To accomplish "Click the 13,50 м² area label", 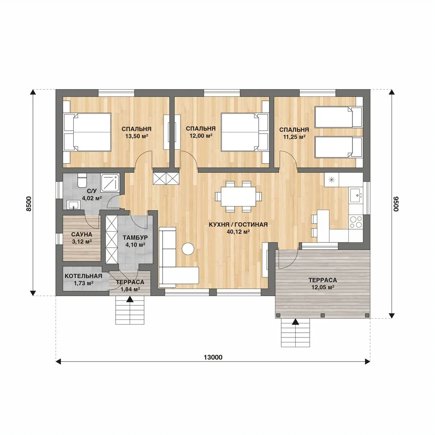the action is tap(137, 136).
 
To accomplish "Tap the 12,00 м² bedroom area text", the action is tap(201, 136).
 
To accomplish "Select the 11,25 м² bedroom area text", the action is tap(294, 137).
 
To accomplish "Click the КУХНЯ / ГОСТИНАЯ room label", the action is tap(238, 224).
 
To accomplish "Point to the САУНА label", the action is tap(81, 235).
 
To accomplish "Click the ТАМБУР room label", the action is tap(135, 238).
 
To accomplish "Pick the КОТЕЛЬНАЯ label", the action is tap(83, 276).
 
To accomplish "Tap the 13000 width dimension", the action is tap(213, 357).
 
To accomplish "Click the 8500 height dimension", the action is tap(29, 204).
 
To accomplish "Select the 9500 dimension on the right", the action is tap(396, 204).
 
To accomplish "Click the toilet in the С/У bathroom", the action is tap(82, 180).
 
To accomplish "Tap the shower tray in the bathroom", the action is tap(110, 182).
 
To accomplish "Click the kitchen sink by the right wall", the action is tap(356, 196).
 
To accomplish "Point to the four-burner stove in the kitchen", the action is tap(356, 222).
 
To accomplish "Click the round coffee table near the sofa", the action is tap(188, 249).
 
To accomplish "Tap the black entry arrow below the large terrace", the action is tap(296, 321).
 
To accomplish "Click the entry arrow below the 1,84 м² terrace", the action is tap(130, 299).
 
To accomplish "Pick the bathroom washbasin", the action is tap(74, 205).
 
